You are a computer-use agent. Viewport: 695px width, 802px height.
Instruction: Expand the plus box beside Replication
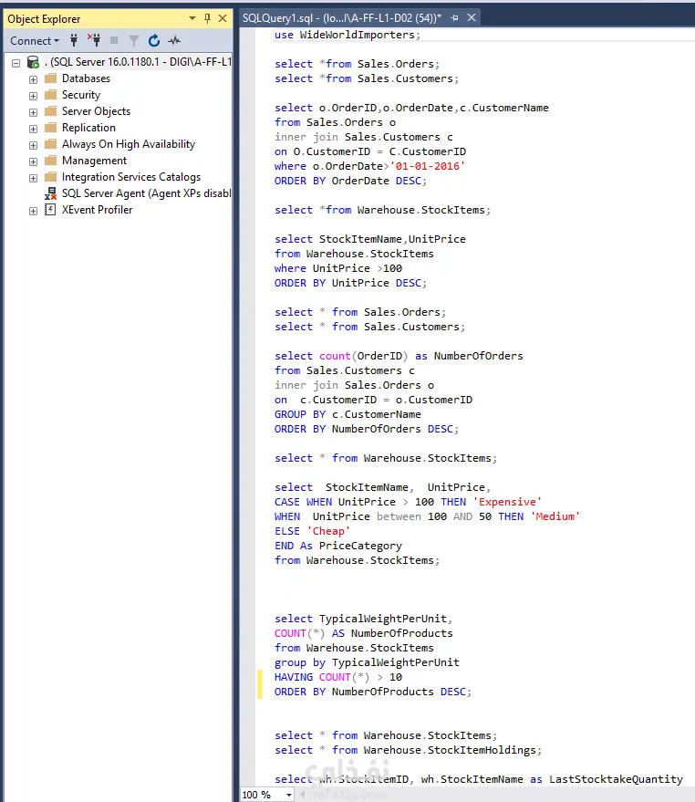tap(33, 129)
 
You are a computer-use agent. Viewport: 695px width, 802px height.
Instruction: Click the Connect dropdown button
tap(35, 41)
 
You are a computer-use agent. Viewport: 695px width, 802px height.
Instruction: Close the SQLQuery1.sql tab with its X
tap(472, 18)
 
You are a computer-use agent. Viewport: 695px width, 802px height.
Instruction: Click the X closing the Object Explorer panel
tap(223, 18)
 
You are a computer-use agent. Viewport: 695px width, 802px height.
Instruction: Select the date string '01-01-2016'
tap(428, 166)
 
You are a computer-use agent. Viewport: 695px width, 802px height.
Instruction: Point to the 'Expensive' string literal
tap(507, 502)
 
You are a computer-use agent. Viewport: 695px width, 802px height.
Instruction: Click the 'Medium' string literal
tap(555, 516)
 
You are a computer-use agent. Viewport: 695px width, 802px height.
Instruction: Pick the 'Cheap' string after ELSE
tap(328, 531)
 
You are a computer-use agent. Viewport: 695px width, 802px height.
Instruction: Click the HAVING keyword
tap(294, 677)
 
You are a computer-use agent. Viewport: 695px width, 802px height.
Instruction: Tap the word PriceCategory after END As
tap(360, 546)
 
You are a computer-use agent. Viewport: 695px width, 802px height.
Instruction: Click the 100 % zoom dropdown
tap(267, 795)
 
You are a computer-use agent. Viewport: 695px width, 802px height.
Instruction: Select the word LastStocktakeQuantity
tap(616, 779)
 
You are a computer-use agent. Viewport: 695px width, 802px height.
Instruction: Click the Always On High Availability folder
tap(129, 144)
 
